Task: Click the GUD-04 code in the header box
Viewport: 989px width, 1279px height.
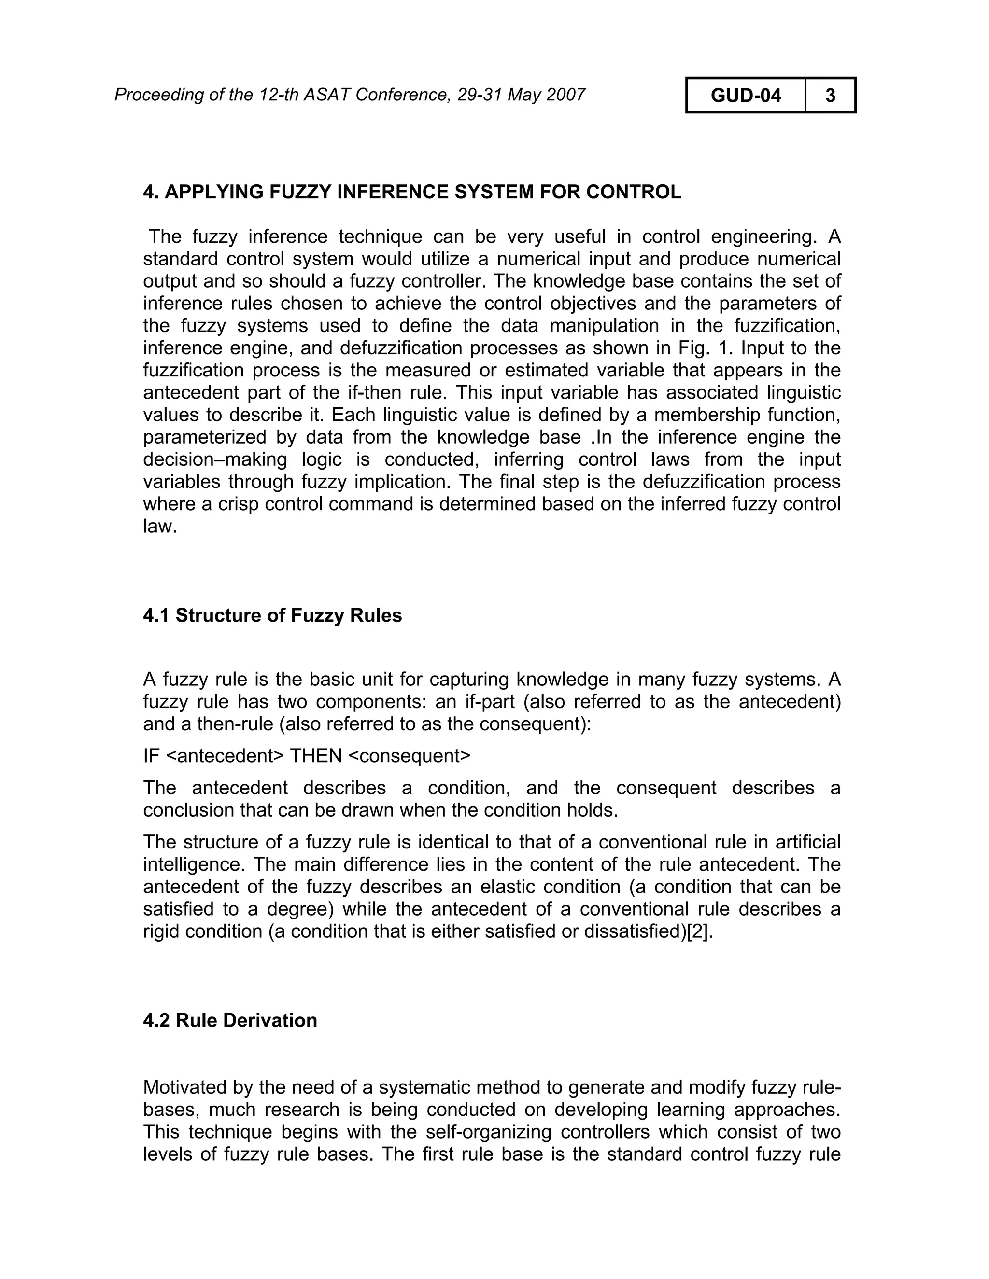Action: pyautogui.click(x=745, y=95)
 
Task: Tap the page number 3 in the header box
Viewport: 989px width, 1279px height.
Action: pyautogui.click(x=830, y=95)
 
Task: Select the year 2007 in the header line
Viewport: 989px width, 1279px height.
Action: pyautogui.click(x=565, y=94)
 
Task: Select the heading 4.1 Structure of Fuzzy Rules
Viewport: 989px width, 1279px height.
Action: pyautogui.click(x=272, y=615)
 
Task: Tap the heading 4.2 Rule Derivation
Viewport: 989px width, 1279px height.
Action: pyautogui.click(x=230, y=1020)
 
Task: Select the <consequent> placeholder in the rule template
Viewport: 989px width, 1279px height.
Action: pyautogui.click(x=409, y=756)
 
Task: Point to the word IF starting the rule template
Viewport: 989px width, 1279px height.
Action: pyautogui.click(x=151, y=756)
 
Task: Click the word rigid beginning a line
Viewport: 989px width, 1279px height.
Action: pyautogui.click(x=162, y=931)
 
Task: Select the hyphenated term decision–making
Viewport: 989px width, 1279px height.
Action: pyautogui.click(x=215, y=459)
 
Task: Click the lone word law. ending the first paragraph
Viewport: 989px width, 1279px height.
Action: pyautogui.click(x=159, y=527)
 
